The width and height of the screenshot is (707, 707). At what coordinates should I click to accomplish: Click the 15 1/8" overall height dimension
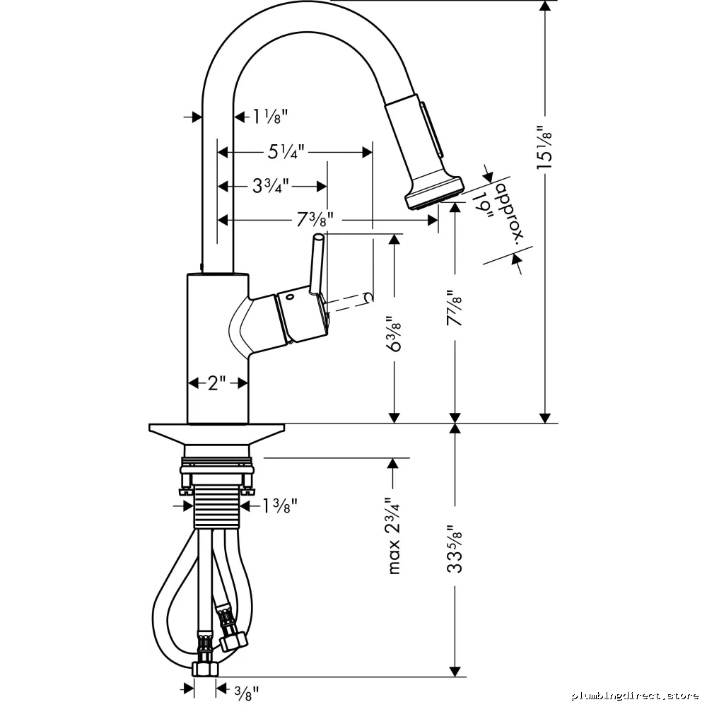click(544, 148)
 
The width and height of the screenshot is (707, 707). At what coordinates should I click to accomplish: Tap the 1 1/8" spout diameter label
click(269, 117)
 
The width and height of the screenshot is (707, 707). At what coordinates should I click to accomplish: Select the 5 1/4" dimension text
click(286, 151)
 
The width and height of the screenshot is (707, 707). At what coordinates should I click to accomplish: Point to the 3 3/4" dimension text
click(271, 185)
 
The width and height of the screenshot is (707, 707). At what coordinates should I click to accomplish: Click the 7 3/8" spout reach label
click(315, 220)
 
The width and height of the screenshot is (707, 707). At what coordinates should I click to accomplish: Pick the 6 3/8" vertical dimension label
click(395, 334)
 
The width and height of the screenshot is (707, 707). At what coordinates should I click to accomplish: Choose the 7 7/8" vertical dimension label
click(455, 308)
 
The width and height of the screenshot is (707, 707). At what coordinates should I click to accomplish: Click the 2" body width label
click(217, 383)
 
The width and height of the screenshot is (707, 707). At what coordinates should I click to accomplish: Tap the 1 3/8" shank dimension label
click(280, 506)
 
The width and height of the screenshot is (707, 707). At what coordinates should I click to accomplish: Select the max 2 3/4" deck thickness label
click(394, 536)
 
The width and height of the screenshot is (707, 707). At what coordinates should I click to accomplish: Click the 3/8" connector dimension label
click(247, 692)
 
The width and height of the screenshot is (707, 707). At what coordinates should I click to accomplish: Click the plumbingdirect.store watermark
click(636, 696)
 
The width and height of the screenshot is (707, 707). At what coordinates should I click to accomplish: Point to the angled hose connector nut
click(233, 641)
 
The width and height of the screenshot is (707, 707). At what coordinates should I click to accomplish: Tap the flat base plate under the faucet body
click(217, 433)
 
